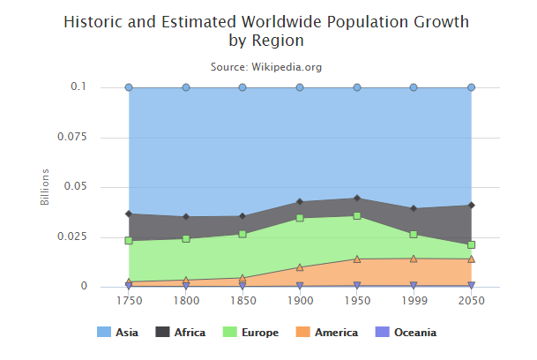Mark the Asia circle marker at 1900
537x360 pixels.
point(300,87)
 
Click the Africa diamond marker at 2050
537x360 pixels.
point(472,206)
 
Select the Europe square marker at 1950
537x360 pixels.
point(357,215)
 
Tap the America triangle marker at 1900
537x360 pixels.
point(300,267)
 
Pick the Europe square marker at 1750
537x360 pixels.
point(129,240)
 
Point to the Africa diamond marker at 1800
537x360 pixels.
point(186,216)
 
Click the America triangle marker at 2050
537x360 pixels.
point(472,259)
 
